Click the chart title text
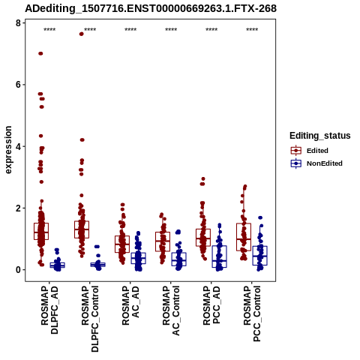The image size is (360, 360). (151, 8)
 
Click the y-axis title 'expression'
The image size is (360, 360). (8, 150)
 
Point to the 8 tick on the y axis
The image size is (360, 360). (18, 23)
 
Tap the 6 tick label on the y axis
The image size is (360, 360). (18, 85)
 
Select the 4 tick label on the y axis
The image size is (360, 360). (18, 146)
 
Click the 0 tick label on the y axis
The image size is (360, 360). (18, 270)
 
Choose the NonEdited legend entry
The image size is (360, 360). (316, 163)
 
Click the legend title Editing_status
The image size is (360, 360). (320, 136)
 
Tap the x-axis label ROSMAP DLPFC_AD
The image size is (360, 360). (49, 310)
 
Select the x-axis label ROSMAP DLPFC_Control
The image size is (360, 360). (90, 319)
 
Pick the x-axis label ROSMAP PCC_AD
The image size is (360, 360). (211, 305)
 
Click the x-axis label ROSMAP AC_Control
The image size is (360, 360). (171, 310)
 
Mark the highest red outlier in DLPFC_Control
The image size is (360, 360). (81, 34)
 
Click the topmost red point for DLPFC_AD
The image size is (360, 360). (40, 53)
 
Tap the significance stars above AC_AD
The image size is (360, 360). (130, 30)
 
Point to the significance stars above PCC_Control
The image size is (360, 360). (252, 30)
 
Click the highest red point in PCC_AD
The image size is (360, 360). (203, 178)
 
